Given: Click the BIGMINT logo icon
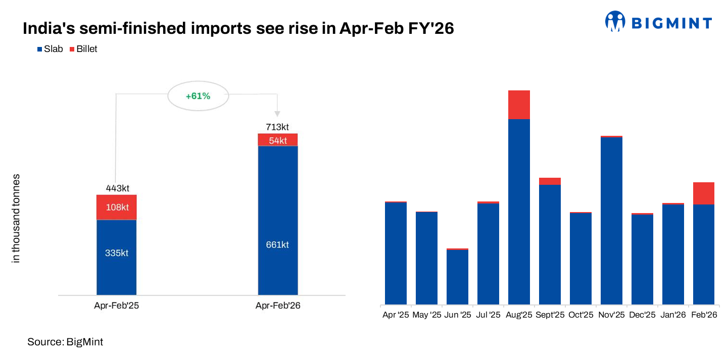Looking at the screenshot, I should [x=615, y=22].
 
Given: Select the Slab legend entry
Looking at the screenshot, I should [x=50, y=49].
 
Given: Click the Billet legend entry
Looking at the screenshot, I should [x=83, y=49].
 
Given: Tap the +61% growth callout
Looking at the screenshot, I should [x=198, y=95].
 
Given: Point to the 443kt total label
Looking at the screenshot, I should [x=117, y=188].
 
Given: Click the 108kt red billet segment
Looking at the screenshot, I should [x=117, y=208].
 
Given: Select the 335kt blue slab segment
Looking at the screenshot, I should [x=117, y=253].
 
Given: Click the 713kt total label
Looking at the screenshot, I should [x=277, y=127].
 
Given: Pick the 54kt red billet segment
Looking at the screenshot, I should [x=277, y=140].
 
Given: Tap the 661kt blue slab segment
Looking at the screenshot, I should [x=277, y=244].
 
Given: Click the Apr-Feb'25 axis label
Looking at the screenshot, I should [x=117, y=305].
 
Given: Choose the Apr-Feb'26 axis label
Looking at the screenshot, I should [x=278, y=305].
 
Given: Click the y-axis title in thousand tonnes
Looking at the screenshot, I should [x=16, y=218].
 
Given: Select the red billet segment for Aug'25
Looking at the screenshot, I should [x=519, y=105].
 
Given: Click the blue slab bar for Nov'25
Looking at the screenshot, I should [x=611, y=220].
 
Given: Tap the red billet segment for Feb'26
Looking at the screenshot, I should [x=703, y=193].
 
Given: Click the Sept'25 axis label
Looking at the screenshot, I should [x=550, y=315].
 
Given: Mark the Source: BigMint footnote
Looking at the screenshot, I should [x=65, y=342].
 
